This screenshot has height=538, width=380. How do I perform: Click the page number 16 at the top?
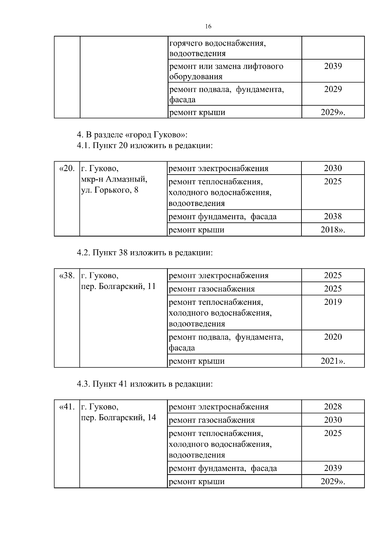(208, 27)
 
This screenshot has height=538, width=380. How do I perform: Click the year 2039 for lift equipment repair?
(333, 66)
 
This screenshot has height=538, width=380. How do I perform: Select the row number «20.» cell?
(67, 168)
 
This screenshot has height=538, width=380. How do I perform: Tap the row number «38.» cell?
(67, 275)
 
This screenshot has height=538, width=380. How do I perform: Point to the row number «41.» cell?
(67, 407)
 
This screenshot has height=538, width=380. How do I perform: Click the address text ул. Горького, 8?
(110, 190)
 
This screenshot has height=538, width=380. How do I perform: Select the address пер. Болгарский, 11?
(118, 286)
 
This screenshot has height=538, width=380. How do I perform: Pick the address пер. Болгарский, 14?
(118, 417)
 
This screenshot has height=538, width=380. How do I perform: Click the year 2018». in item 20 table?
(333, 230)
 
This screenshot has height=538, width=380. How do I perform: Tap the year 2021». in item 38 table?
(333, 361)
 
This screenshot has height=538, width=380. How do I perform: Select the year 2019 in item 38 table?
(333, 302)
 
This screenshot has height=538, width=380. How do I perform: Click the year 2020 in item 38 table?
(333, 337)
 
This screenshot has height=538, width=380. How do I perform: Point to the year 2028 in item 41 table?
(333, 407)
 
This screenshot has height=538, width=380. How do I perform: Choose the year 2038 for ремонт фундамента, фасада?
(333, 216)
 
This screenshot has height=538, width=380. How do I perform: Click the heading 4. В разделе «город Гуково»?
(132, 135)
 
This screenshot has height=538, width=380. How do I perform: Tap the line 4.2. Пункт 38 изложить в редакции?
(144, 253)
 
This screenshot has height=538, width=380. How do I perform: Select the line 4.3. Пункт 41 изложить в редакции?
(144, 384)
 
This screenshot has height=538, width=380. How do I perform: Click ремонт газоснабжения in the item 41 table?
(212, 420)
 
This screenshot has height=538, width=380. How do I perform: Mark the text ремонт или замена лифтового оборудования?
(226, 71)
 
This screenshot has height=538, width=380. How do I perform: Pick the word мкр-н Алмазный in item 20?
(114, 179)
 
